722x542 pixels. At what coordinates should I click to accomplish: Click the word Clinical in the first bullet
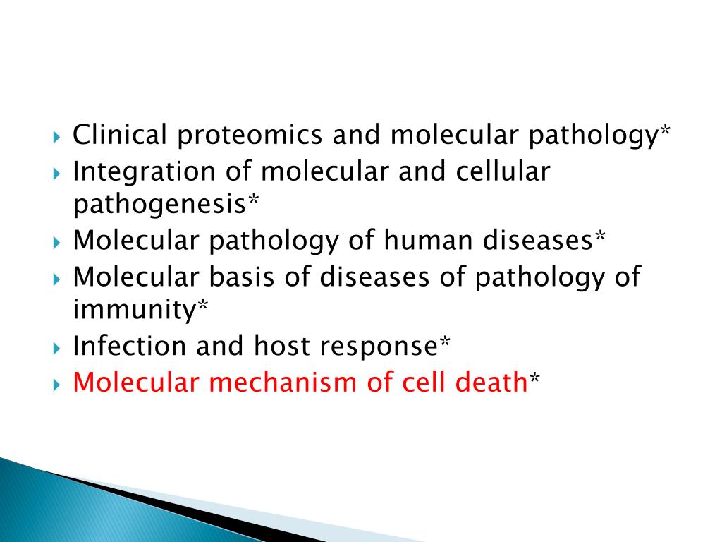[x=118, y=134]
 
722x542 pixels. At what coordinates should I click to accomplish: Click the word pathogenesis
[x=159, y=205]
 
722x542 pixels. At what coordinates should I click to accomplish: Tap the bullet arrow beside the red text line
[x=57, y=384]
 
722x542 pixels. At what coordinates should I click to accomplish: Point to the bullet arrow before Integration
[x=57, y=172]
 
